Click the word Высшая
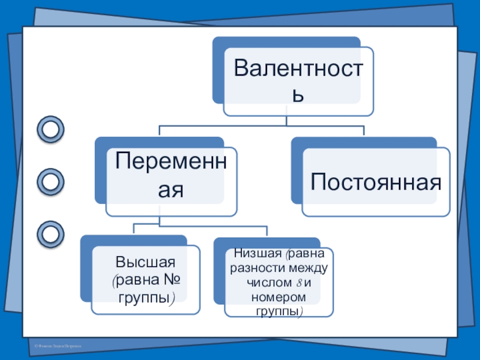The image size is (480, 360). pyautogui.click(x=145, y=262)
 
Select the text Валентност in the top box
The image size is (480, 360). pyautogui.click(x=298, y=67)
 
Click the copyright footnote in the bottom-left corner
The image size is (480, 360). pyautogui.click(x=57, y=347)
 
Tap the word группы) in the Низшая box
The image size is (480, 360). pyautogui.click(x=279, y=312)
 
